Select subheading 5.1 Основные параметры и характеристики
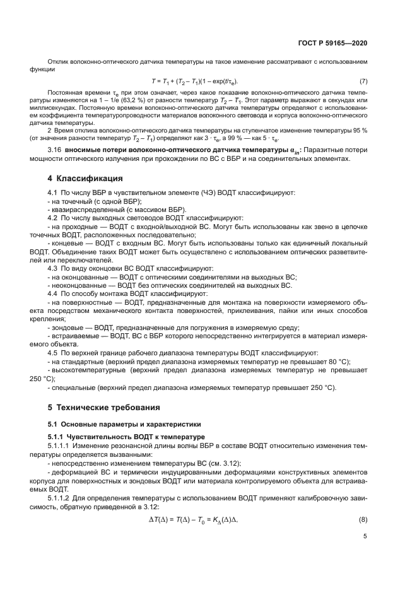tap(111, 424)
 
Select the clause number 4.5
tap(54, 351)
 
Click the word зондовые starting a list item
tap(67, 327)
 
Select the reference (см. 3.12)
tap(221, 463)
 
